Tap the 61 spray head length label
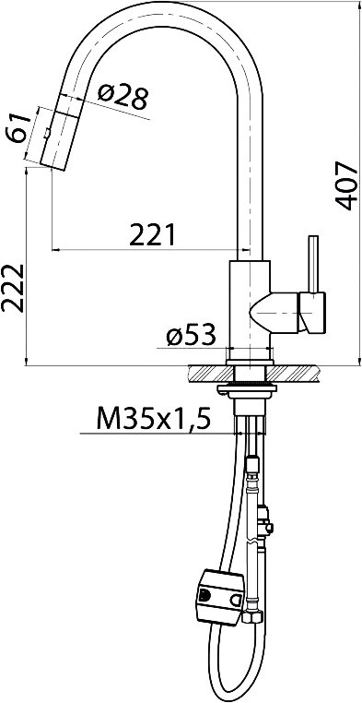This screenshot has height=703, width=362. coord(18,128)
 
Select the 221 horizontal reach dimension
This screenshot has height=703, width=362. coord(152,235)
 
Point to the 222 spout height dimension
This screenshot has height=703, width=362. coord(12,288)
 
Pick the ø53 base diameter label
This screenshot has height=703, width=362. coord(191,335)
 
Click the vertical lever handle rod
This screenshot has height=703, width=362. coord(314,264)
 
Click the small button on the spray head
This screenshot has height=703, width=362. coord(47,133)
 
